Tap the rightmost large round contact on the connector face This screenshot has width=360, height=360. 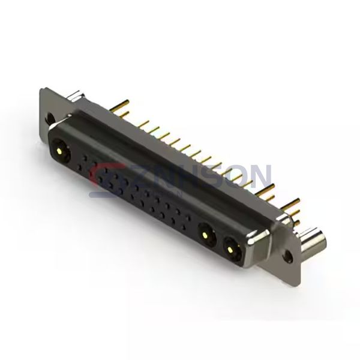[x=232, y=247]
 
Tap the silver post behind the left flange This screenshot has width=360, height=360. [x=76, y=95]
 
